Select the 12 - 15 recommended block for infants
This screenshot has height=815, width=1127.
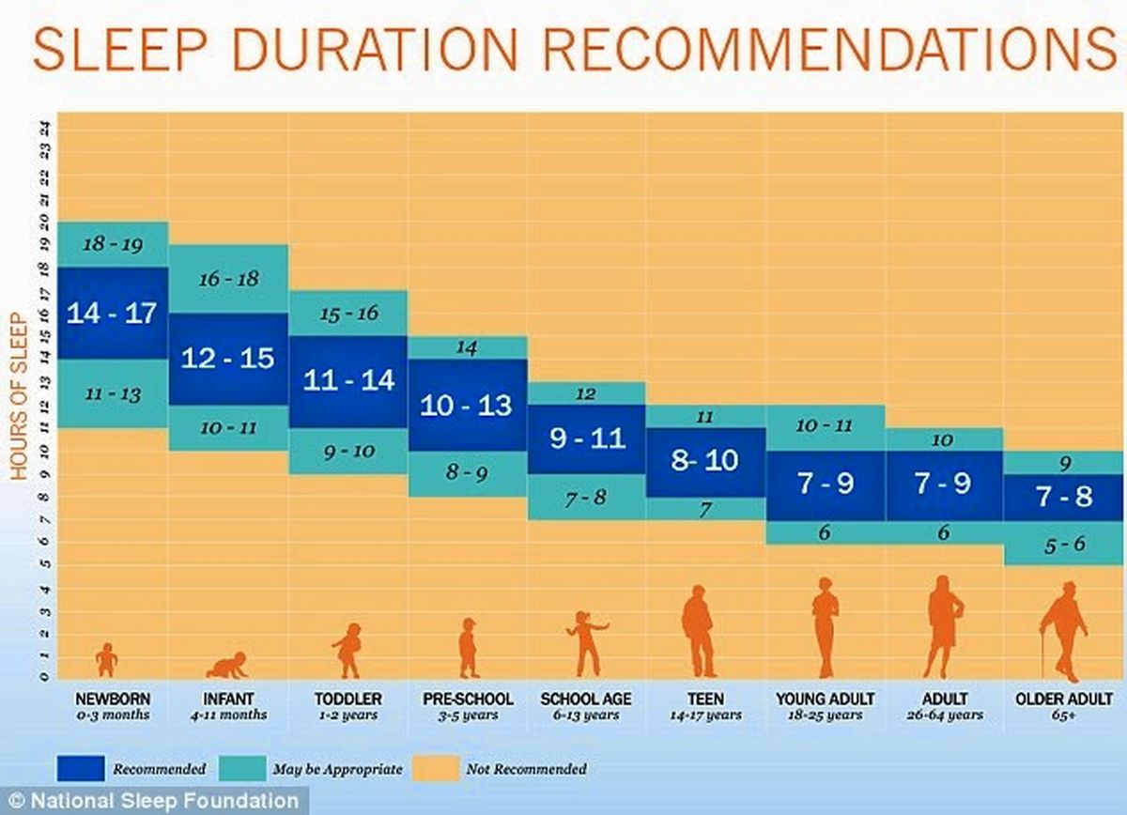tap(228, 358)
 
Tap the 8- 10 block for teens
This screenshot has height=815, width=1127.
tap(704, 461)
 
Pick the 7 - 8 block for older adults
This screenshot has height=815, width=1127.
tap(1064, 497)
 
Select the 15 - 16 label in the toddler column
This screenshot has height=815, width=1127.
tap(348, 313)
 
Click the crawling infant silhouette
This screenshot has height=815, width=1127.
tap(228, 665)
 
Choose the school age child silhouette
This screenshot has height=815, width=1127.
tap(586, 643)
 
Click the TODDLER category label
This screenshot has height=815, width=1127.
tap(348, 699)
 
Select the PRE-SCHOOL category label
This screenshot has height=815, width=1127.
tap(468, 699)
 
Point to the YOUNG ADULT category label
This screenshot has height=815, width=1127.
tap(826, 699)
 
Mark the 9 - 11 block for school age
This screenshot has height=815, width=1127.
tap(586, 438)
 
